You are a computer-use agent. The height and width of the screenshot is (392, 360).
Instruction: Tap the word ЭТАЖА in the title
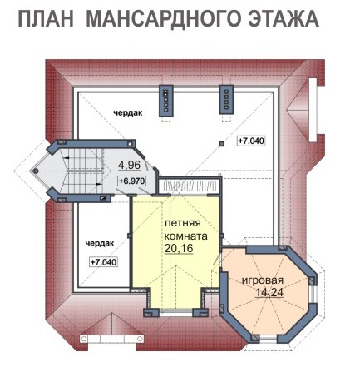(284, 18)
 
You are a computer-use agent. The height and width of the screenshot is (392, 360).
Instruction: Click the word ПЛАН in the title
(46, 19)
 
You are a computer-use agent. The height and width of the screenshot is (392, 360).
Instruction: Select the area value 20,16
(179, 248)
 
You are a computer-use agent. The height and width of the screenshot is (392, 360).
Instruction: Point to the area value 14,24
(269, 292)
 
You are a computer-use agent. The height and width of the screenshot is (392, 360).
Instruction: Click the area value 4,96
(129, 165)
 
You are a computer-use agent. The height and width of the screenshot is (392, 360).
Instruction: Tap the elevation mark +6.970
(131, 181)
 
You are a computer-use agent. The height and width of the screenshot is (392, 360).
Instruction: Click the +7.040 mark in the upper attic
(251, 141)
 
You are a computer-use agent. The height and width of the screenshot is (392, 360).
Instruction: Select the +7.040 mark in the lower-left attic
(104, 262)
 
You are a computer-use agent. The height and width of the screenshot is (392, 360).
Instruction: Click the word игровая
(263, 280)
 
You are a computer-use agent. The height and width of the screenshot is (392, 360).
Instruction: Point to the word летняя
(182, 223)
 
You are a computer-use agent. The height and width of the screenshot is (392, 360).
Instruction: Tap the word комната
(185, 236)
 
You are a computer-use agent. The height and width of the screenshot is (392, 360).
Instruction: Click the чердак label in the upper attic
(128, 113)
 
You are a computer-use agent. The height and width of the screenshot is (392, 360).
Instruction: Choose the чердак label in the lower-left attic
(100, 243)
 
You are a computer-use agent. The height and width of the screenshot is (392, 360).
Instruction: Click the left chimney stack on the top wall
(165, 101)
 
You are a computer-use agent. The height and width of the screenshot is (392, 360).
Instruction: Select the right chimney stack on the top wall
(226, 100)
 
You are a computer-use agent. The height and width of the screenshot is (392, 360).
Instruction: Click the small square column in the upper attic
(221, 144)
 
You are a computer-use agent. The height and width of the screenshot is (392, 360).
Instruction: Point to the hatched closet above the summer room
(190, 186)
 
